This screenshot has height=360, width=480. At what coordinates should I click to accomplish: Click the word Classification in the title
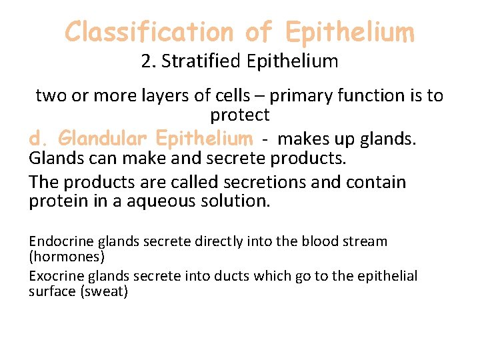point(149,31)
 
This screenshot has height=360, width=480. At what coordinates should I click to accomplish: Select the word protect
point(240,115)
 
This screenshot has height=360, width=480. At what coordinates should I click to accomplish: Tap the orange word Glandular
point(103,139)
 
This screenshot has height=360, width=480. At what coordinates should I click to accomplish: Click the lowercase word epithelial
point(388,276)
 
